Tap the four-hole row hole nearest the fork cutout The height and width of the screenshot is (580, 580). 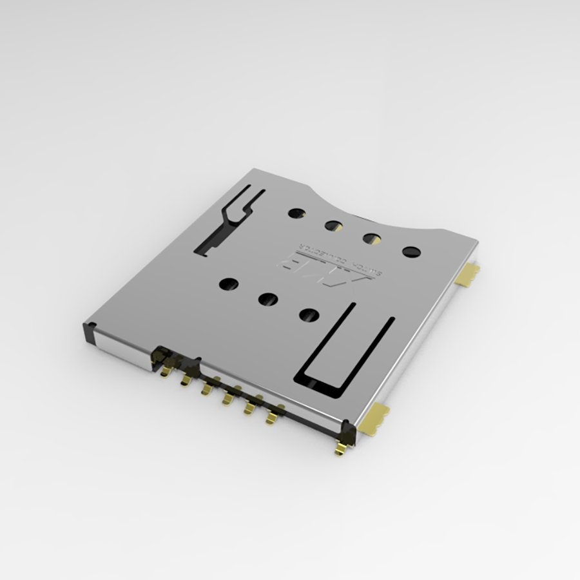tap(296, 212)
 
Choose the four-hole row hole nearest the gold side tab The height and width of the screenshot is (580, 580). tap(411, 251)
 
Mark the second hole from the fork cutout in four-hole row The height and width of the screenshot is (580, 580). tap(333, 226)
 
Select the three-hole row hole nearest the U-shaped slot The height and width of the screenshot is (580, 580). tap(309, 314)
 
